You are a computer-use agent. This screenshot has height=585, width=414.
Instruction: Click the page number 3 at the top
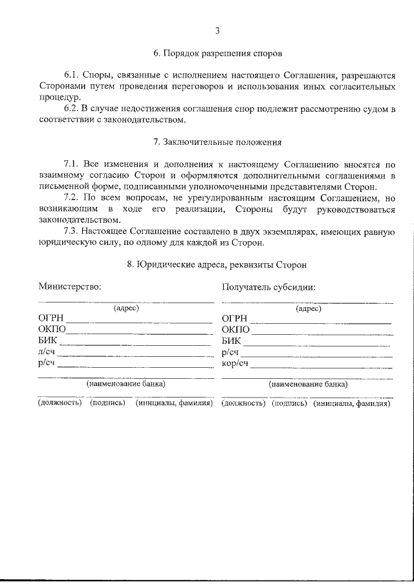point(217,30)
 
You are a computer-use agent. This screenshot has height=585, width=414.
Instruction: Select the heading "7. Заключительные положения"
point(217,142)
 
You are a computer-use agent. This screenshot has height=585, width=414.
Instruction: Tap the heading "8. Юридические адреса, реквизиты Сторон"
point(217,264)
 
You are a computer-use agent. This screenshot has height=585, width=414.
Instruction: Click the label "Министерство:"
point(69,286)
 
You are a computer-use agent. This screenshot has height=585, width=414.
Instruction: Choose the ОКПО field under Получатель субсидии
point(321,330)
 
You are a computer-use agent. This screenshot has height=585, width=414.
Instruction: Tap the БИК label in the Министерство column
point(48,341)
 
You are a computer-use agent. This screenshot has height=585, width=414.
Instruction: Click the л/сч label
point(47,352)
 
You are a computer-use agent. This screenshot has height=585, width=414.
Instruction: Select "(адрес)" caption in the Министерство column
point(126,308)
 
